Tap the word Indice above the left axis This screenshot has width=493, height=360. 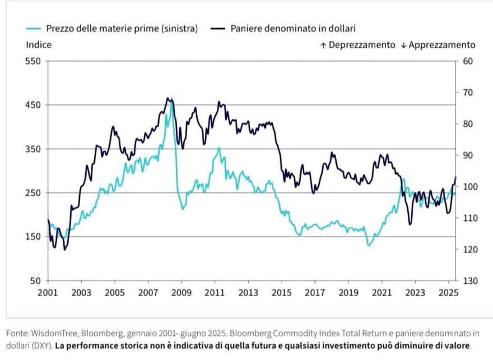click(x=39, y=45)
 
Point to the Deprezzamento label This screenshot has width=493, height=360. click(x=362, y=45)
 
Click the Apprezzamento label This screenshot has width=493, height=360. click(x=441, y=45)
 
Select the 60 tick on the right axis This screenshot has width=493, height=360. click(x=468, y=61)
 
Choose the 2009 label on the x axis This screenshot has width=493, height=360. click(x=181, y=292)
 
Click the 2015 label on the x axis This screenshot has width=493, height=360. click(x=281, y=292)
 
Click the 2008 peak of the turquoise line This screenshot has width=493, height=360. click(x=171, y=99)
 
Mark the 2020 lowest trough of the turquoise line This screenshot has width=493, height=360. click(x=369, y=245)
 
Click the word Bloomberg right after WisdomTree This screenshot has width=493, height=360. click(x=96, y=334)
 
